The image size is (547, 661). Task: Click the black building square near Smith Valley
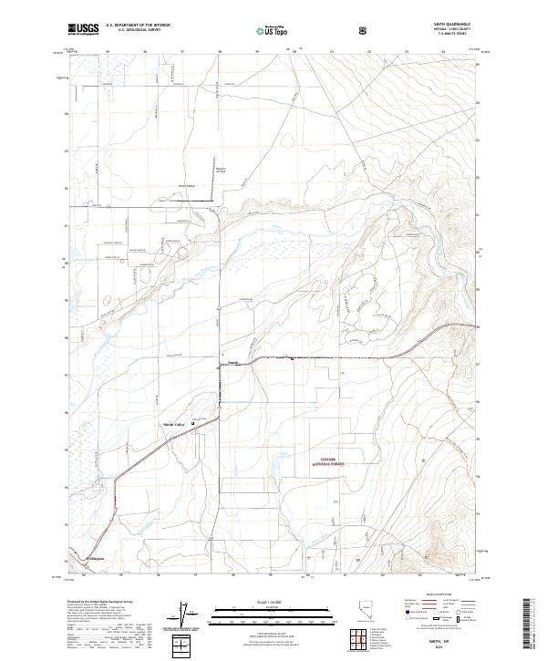[191, 421]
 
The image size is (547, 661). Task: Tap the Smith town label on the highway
[232, 361]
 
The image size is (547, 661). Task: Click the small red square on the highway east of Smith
[291, 358]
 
